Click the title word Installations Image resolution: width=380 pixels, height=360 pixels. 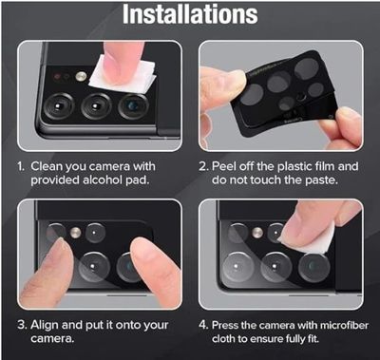point(190,14)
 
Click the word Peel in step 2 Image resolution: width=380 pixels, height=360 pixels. point(224,166)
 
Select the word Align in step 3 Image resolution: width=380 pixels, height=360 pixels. point(45,326)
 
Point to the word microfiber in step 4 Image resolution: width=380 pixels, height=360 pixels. point(344,325)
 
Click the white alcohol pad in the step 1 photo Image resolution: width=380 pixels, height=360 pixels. point(123,73)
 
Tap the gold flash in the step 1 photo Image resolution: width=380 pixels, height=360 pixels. point(81,76)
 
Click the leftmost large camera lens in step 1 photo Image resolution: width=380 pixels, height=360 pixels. point(59,106)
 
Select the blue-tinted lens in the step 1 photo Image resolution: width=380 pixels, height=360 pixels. point(133,106)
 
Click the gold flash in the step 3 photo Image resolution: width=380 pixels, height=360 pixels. point(75,233)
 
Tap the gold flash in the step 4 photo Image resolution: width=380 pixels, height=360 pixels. point(257,233)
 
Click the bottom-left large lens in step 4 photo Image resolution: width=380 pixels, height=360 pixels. point(238,267)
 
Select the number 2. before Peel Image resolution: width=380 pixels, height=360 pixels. point(203,166)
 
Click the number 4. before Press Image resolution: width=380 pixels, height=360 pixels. point(203,326)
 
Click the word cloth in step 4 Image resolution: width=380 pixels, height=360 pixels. point(224,339)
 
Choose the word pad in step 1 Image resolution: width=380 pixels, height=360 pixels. point(137,180)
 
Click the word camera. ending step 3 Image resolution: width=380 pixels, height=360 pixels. point(52,339)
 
